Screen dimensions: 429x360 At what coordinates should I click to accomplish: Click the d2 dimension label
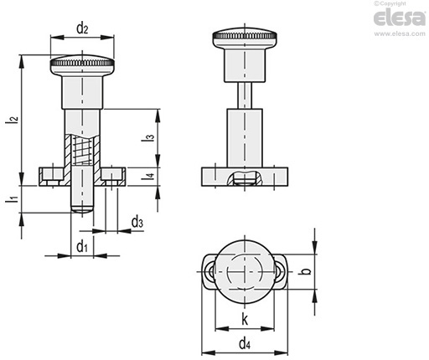point(82,28)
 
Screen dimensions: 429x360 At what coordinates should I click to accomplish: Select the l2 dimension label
point(13,119)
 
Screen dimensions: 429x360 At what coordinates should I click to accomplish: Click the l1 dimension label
point(13,198)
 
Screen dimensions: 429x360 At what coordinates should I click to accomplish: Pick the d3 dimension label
point(137,223)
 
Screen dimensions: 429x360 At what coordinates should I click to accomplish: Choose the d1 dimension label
point(82,246)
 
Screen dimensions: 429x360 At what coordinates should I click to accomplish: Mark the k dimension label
point(245,320)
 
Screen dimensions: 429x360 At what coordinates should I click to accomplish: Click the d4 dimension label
point(245,343)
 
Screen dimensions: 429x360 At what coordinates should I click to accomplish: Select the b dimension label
point(307,271)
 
